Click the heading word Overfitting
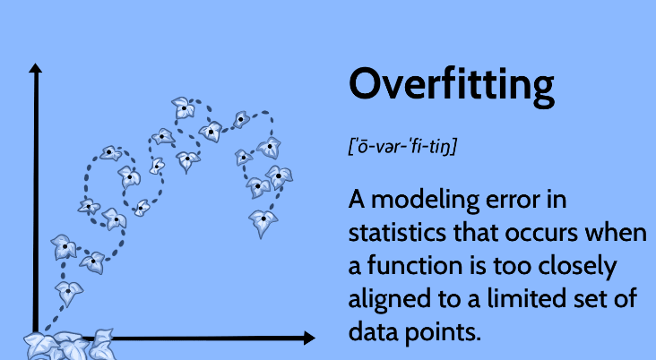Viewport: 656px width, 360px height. pyautogui.click(x=451, y=87)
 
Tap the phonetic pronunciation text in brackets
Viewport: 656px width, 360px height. pyautogui.click(x=402, y=146)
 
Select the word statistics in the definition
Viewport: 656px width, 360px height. pyautogui.click(x=397, y=233)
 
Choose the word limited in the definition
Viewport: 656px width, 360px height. pyautogui.click(x=541, y=298)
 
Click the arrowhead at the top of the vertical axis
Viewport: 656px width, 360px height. pyautogui.click(x=36, y=68)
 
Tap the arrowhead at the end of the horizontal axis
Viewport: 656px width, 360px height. pyautogui.click(x=309, y=338)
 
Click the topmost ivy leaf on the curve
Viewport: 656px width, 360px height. pyautogui.click(x=183, y=107)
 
